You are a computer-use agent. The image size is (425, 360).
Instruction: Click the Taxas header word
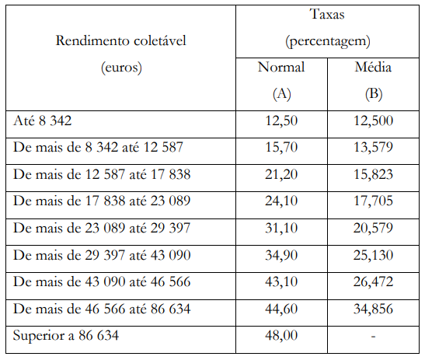(327, 14)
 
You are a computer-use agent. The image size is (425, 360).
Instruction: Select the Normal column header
(281, 67)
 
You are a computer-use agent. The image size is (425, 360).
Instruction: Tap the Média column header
(373, 67)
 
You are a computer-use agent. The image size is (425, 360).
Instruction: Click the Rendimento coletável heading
(121, 41)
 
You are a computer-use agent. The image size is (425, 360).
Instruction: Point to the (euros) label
(121, 68)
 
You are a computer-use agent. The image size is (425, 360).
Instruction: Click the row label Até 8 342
(42, 121)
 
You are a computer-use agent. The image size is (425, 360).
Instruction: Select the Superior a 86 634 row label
(66, 335)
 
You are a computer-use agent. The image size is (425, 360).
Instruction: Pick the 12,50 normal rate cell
(281, 121)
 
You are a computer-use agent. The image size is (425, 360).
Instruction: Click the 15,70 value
(281, 147)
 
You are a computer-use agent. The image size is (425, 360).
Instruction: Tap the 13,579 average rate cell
(373, 147)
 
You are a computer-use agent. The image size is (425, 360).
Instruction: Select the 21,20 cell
(281, 174)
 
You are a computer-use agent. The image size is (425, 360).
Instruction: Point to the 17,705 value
(373, 201)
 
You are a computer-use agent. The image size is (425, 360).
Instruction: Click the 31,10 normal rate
(281, 228)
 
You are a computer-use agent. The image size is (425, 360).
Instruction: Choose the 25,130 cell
(373, 255)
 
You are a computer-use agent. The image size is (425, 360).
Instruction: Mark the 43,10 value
(281, 281)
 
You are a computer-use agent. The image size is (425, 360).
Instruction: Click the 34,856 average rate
(373, 309)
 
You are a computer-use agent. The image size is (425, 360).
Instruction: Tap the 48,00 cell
(281, 335)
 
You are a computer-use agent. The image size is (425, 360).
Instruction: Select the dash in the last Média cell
(373, 337)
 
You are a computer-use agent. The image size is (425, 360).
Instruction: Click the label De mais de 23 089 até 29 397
(102, 228)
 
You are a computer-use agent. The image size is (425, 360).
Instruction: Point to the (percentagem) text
(327, 41)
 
